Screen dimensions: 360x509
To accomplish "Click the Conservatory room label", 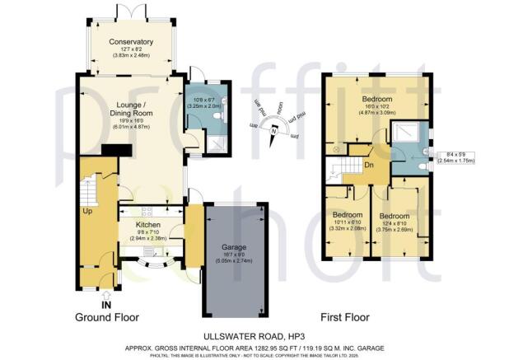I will (x=132, y=42).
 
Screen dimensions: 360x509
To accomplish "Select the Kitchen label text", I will (x=148, y=225).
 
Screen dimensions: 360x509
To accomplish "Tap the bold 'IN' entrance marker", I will (x=106, y=304).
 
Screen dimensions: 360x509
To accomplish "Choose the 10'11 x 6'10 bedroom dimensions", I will (x=346, y=224).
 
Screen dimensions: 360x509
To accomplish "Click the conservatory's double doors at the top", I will (x=132, y=12).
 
